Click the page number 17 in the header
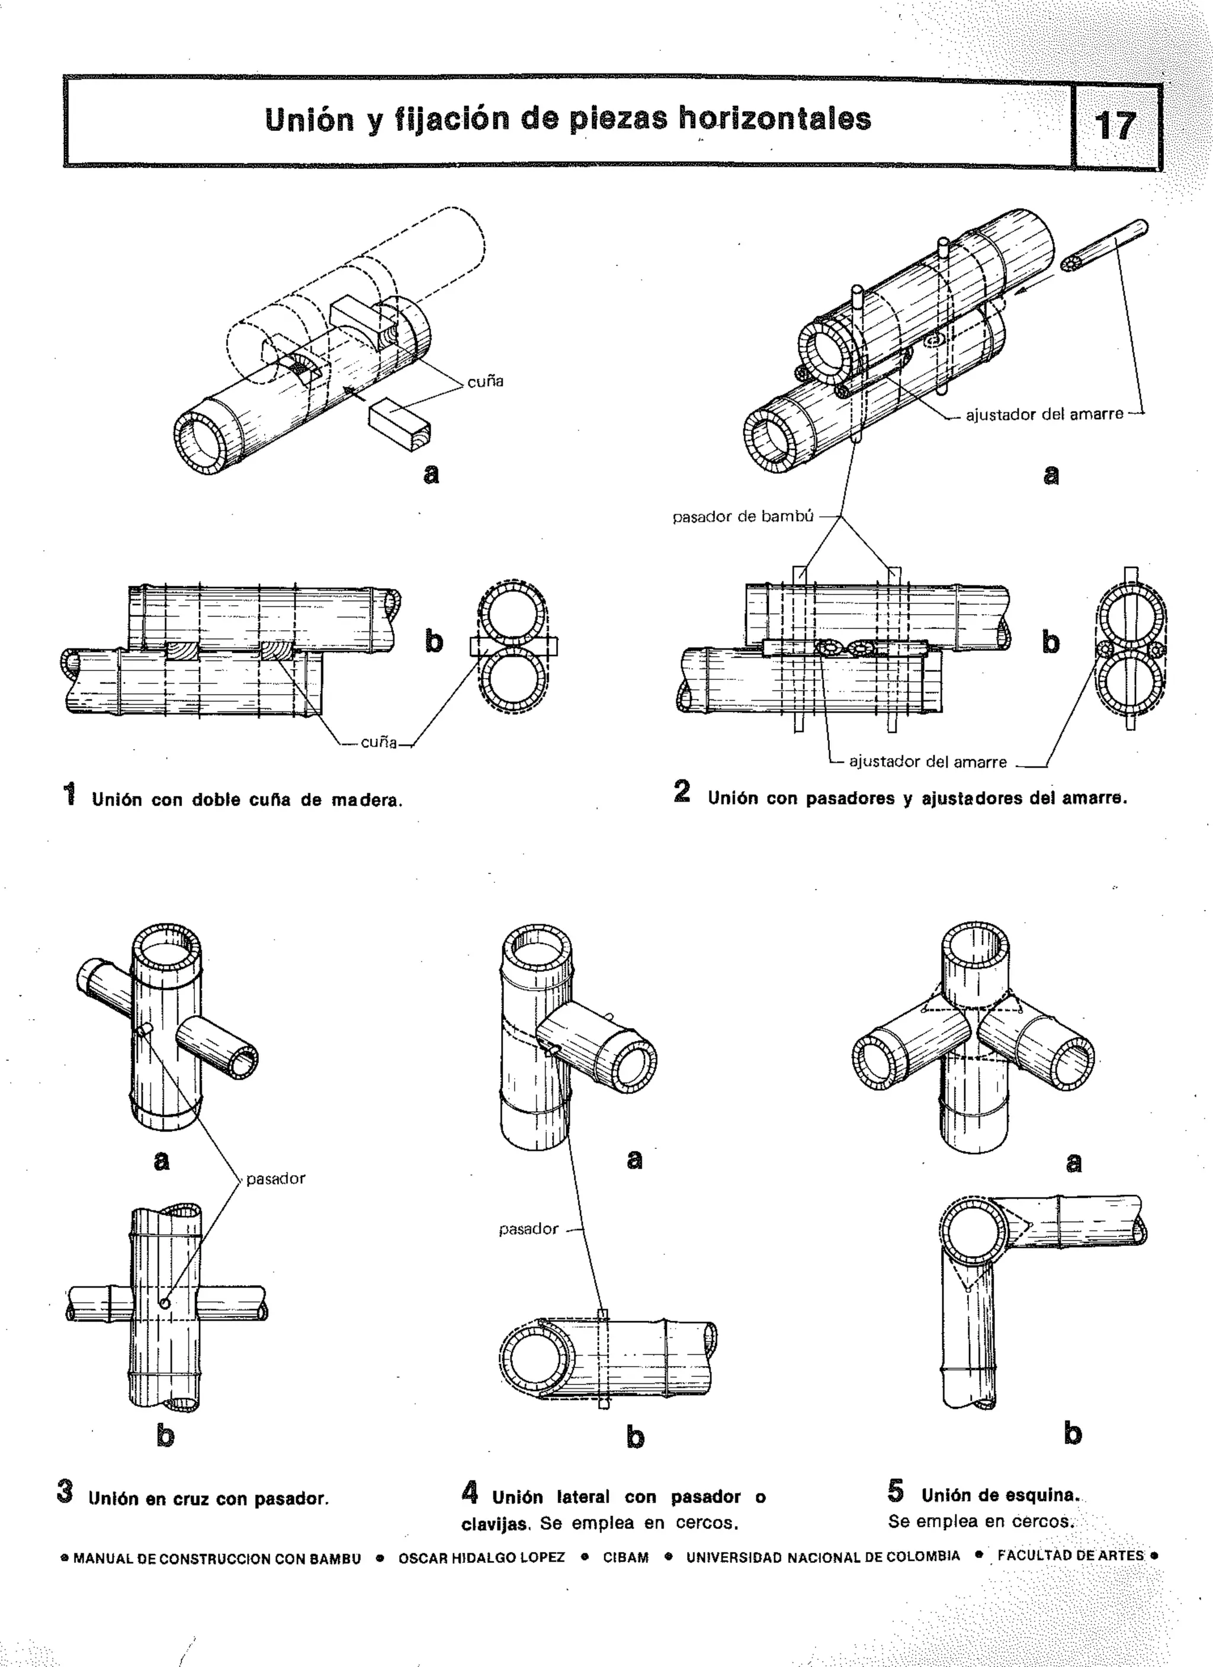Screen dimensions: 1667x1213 click(x=1115, y=126)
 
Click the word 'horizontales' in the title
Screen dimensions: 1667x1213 click(x=774, y=119)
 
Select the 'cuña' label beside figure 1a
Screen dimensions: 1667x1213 click(x=485, y=381)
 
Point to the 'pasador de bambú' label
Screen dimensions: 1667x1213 click(x=743, y=517)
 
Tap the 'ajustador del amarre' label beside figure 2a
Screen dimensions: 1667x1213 click(x=1044, y=415)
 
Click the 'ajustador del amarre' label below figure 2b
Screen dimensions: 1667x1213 click(x=928, y=762)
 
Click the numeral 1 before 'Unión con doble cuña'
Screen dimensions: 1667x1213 click(x=70, y=795)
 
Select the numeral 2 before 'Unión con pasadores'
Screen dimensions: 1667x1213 click(x=682, y=792)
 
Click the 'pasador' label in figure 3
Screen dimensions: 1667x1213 click(x=275, y=1179)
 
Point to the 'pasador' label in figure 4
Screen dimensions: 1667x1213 click(x=528, y=1229)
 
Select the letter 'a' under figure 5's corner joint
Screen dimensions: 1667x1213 click(x=1073, y=1162)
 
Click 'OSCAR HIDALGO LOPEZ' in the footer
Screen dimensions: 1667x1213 click(x=482, y=1557)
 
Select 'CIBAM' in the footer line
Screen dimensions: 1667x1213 click(x=625, y=1557)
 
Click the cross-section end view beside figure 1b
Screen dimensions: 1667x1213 click(x=512, y=647)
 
